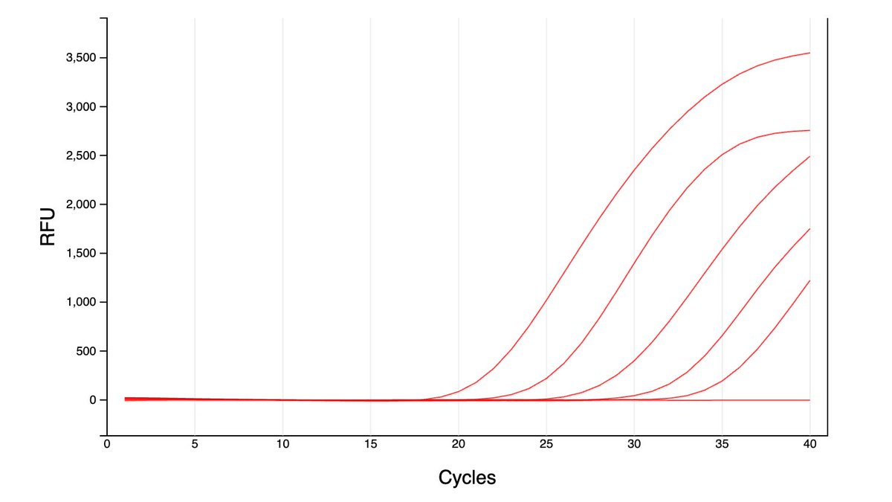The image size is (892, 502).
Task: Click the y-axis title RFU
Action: click(48, 228)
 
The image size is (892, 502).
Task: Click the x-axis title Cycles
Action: click(467, 477)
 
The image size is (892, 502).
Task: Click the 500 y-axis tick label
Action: click(87, 351)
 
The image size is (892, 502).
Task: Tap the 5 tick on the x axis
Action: click(195, 445)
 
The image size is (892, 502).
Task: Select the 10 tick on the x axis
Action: click(282, 445)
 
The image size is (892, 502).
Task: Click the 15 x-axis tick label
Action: click(370, 445)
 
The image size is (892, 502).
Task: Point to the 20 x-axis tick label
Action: click(459, 445)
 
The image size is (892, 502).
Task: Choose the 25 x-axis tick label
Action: click(546, 445)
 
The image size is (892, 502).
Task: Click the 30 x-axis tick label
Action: click(634, 445)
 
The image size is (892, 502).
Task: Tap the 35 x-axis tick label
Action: click(722, 445)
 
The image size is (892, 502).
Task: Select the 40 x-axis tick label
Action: click(809, 445)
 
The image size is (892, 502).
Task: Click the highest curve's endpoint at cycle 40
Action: click(809, 53)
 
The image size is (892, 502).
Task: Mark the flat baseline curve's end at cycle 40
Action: click(809, 400)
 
